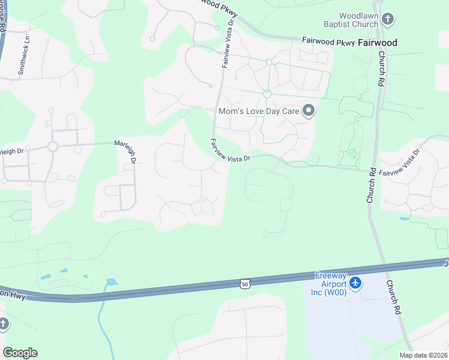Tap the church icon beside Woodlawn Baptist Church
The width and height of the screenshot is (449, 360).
(x=388, y=19)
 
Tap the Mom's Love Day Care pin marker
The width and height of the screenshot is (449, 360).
(x=309, y=110)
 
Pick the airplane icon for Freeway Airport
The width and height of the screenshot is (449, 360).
(x=355, y=282)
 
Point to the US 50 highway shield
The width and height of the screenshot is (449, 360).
(x=244, y=283)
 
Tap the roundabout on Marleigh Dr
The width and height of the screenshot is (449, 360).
(x=52, y=146)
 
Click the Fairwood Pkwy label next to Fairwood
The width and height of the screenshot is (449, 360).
(x=328, y=43)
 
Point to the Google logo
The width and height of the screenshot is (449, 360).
(x=20, y=353)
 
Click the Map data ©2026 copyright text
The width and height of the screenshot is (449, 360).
(x=423, y=355)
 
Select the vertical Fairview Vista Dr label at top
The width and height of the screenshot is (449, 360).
(x=227, y=43)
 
